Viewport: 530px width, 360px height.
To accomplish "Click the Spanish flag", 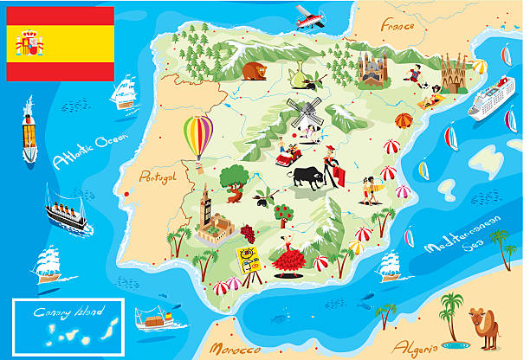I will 60,43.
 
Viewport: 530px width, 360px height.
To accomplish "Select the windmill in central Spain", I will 303,112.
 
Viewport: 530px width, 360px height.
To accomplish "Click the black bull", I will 309,177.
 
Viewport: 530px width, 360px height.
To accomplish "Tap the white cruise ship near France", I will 492,97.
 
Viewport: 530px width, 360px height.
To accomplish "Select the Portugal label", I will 158,177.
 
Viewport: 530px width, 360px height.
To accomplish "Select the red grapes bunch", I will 249,232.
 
